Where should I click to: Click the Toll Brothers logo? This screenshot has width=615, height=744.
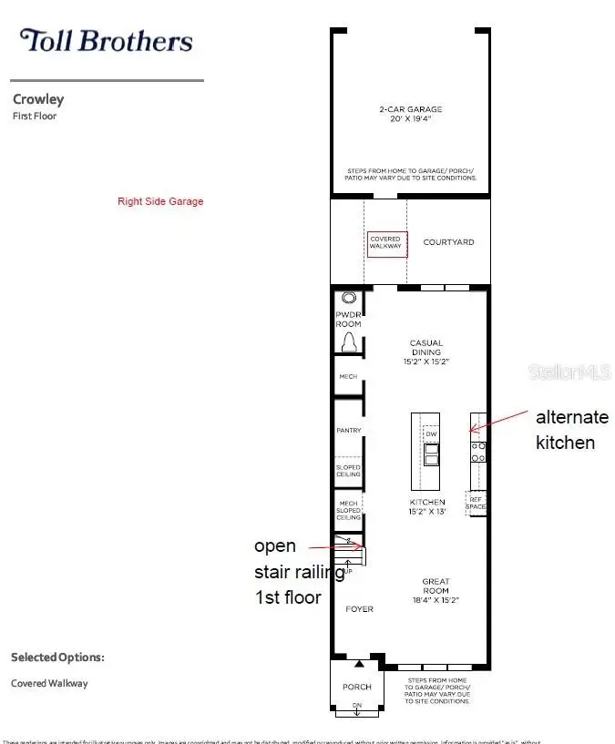pyautogui.click(x=107, y=41)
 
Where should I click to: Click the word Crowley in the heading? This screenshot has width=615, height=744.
pyautogui.click(x=38, y=99)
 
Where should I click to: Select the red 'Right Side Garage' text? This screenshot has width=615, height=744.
pyautogui.click(x=160, y=201)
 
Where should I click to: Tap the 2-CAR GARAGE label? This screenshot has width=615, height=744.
pyautogui.click(x=412, y=114)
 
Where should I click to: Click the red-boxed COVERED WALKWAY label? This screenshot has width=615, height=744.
pyautogui.click(x=385, y=242)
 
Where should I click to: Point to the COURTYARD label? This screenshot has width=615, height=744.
pyautogui.click(x=448, y=242)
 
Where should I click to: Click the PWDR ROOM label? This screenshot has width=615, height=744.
pyautogui.click(x=349, y=321)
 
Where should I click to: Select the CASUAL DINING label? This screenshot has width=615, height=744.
pyautogui.click(x=426, y=348)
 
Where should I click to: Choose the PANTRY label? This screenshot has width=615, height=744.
pyautogui.click(x=349, y=430)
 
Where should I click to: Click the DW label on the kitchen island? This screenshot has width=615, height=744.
pyautogui.click(x=432, y=434)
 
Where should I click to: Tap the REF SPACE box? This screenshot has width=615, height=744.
pyautogui.click(x=476, y=502)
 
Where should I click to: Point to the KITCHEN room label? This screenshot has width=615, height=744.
pyautogui.click(x=427, y=502)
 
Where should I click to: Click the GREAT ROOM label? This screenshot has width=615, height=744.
pyautogui.click(x=436, y=586)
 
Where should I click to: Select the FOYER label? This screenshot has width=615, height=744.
pyautogui.click(x=359, y=608)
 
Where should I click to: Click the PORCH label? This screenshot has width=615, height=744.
pyautogui.click(x=357, y=687)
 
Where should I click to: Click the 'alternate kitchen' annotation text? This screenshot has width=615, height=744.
pyautogui.click(x=571, y=430)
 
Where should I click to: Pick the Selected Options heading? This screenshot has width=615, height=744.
pyautogui.click(x=57, y=657)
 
